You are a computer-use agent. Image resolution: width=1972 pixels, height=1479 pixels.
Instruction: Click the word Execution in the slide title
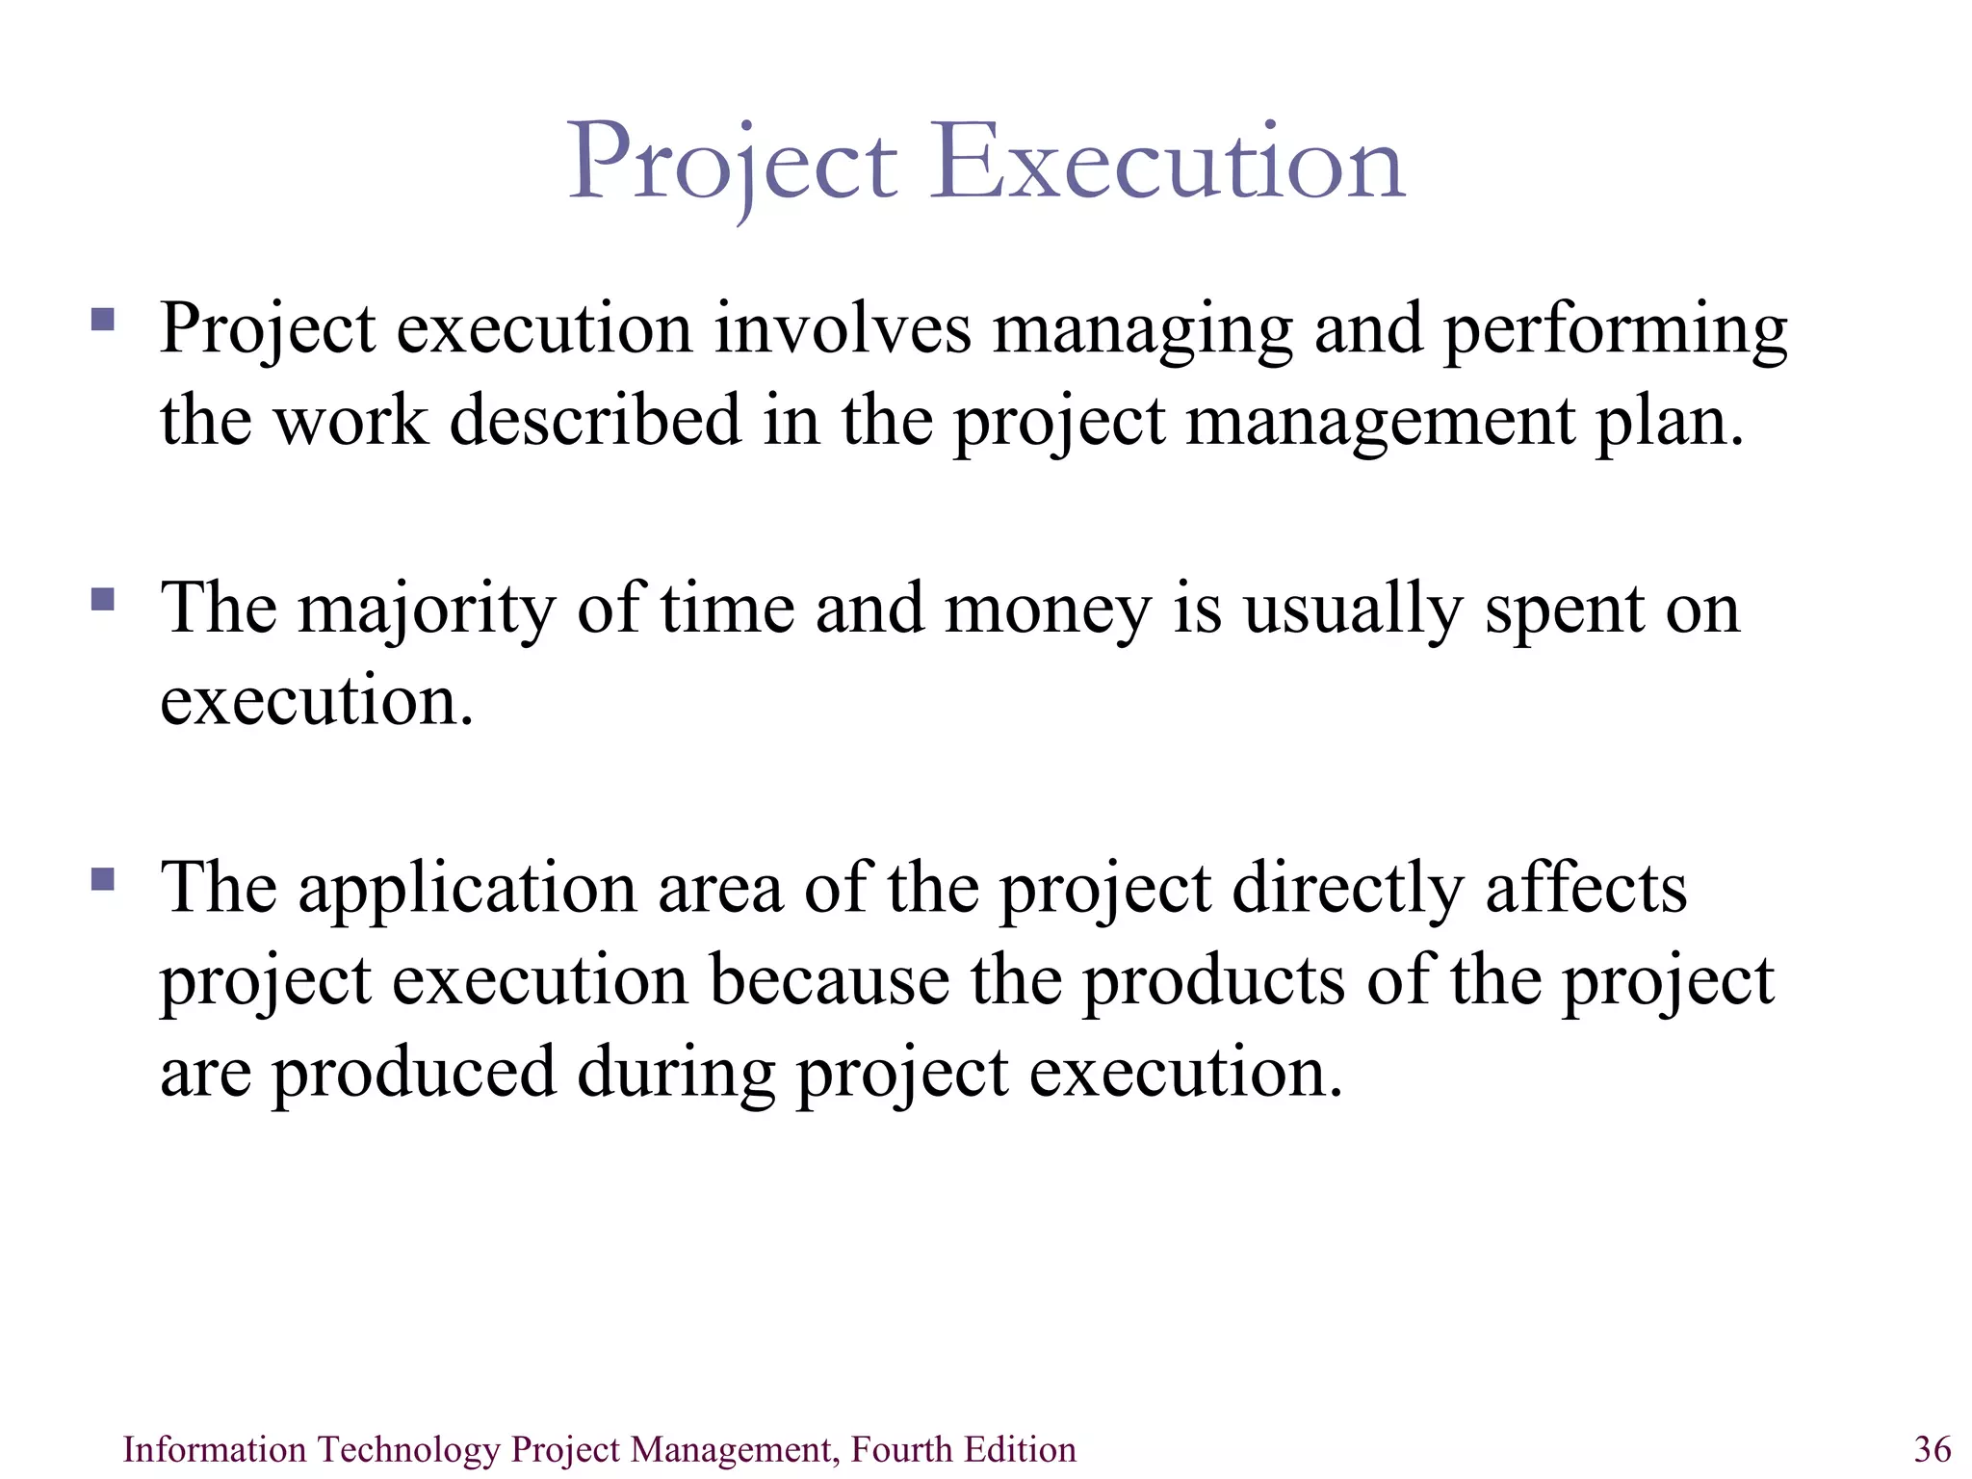[1166, 164]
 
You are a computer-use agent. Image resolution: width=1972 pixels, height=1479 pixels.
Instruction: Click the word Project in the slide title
[733, 164]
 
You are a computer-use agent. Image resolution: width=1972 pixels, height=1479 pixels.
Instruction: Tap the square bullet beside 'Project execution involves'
[103, 319]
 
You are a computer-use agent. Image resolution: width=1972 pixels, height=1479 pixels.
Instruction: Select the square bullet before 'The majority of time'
[103, 600]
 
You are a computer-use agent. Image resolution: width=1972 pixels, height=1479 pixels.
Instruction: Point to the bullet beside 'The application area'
[103, 879]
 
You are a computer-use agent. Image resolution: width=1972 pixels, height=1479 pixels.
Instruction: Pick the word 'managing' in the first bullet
[1142, 329]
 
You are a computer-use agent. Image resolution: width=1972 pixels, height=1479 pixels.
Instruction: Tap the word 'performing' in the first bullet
[1615, 329]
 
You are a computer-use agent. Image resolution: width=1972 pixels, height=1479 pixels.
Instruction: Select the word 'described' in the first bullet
[595, 422]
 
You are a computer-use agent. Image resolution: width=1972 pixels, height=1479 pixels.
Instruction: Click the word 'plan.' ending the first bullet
[1669, 422]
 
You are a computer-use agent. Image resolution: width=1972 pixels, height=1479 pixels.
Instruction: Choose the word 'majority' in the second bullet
[427, 610]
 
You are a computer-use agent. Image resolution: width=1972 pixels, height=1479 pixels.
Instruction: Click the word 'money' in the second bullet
[1048, 610]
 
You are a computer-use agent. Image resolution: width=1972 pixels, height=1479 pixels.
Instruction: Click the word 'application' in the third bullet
[467, 889]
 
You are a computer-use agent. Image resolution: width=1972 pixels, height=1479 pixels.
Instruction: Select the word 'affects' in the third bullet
[1586, 889]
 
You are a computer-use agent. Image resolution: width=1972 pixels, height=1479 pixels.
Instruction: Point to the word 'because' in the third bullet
[830, 981]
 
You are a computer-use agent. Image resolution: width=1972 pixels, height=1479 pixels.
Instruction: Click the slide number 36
[1933, 1449]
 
